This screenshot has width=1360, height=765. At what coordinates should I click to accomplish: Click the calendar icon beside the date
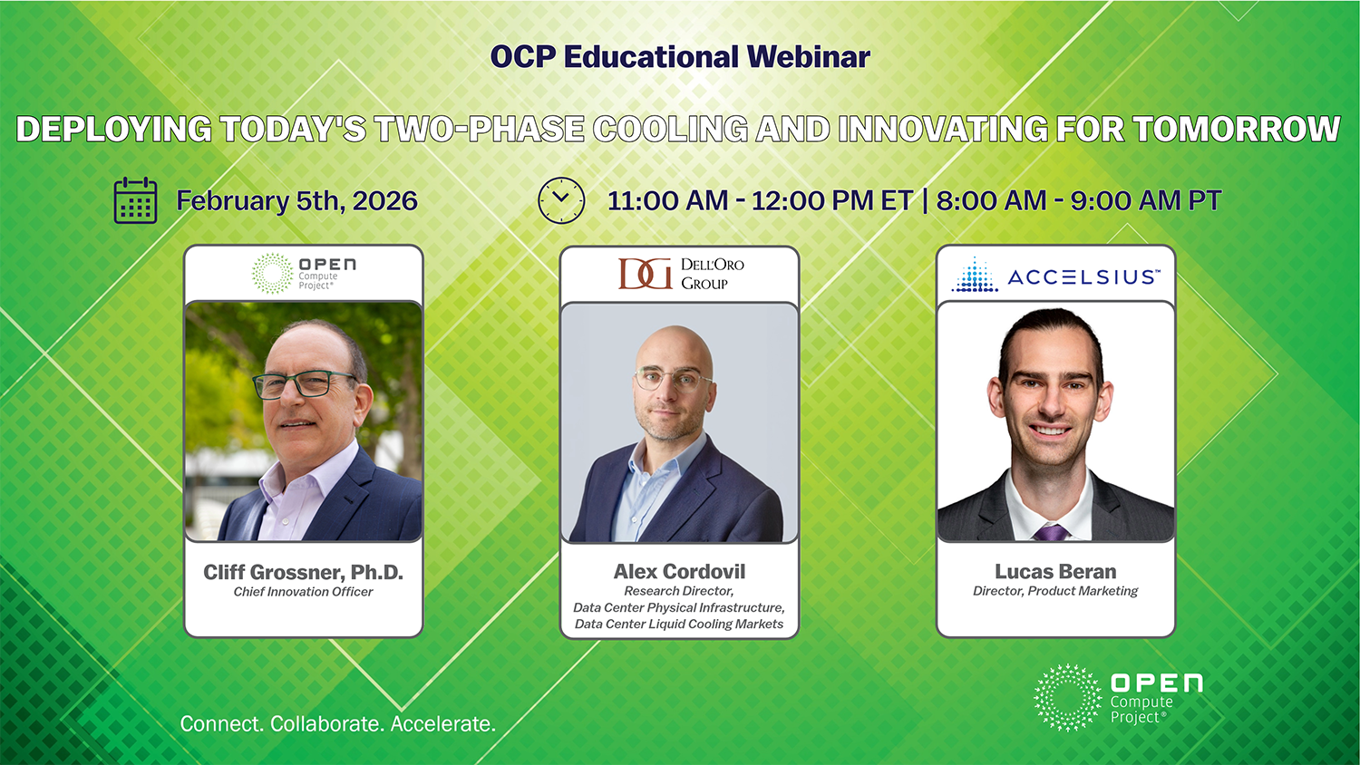click(x=135, y=200)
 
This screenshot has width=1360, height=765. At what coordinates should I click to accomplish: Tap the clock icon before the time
click(x=561, y=200)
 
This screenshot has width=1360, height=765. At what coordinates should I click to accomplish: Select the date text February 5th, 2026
click(x=296, y=201)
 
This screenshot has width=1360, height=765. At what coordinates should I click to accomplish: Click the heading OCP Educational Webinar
click(x=680, y=57)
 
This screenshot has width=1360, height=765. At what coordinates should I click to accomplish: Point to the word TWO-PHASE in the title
click(x=479, y=129)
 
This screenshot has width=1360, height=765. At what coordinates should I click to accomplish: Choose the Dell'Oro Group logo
click(x=681, y=274)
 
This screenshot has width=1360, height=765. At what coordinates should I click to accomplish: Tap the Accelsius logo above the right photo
click(x=1056, y=275)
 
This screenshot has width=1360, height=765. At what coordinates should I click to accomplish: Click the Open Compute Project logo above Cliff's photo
click(x=304, y=274)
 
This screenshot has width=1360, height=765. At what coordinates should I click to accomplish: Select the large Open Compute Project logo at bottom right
click(x=1118, y=698)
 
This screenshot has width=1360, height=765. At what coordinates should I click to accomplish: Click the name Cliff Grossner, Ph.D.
click(x=303, y=572)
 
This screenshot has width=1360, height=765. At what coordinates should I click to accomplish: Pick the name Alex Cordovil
click(x=679, y=571)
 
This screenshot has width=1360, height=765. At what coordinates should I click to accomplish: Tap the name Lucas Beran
click(x=1056, y=571)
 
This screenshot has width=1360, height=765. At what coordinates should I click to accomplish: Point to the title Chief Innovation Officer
click(x=303, y=592)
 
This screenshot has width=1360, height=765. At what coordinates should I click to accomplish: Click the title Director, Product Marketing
click(x=1056, y=591)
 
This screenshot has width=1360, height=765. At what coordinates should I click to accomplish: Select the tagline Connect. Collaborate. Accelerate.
click(x=338, y=723)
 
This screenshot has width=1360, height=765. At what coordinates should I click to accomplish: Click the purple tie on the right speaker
click(x=1051, y=532)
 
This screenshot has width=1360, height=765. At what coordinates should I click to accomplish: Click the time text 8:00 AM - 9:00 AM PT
click(x=1079, y=201)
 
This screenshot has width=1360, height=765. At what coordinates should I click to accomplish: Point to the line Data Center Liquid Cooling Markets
click(x=679, y=625)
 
